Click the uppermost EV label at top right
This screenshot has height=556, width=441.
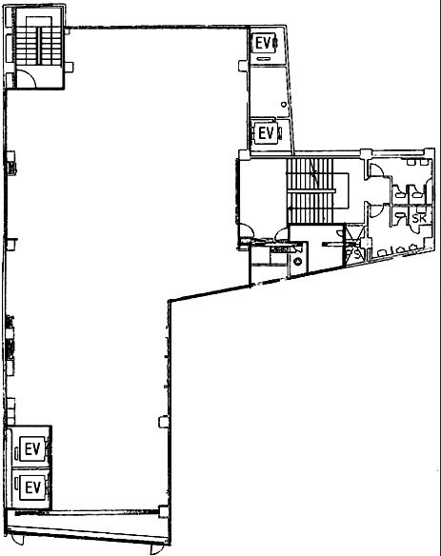[264, 43]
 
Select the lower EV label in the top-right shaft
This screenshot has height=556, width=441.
[266, 133]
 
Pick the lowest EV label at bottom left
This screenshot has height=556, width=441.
[32, 487]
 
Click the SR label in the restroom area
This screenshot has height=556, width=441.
[417, 218]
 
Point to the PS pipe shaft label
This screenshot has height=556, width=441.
[354, 254]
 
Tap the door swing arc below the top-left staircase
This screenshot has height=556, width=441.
[29, 81]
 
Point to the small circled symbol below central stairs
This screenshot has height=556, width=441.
[297, 259]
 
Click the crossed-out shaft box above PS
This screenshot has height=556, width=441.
[353, 234]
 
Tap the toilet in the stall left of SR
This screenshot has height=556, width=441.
[399, 217]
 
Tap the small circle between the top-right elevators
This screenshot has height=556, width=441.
[283, 102]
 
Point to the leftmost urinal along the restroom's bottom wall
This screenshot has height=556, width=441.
[380, 253]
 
